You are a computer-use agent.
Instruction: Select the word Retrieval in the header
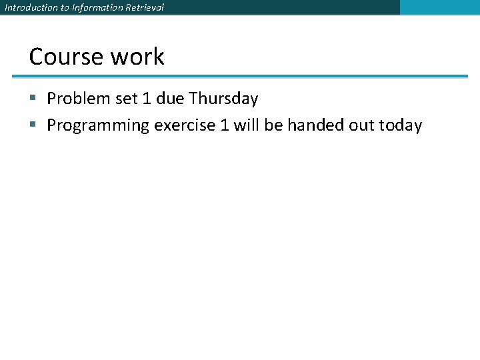click(x=143, y=7)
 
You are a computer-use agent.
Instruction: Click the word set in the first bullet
click(x=125, y=99)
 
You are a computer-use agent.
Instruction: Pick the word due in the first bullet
click(x=171, y=99)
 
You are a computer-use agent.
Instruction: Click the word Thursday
click(x=223, y=99)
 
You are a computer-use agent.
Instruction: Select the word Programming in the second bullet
click(x=98, y=125)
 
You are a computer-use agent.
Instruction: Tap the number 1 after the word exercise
click(x=223, y=125)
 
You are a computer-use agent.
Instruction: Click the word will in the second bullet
click(x=247, y=125)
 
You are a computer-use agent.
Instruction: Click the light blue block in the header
click(x=439, y=7)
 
